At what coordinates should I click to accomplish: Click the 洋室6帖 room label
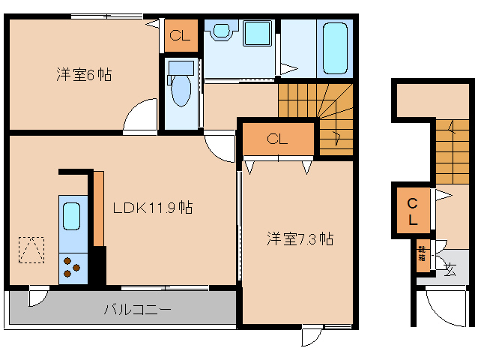coord(85,74)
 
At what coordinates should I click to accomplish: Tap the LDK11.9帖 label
coord(152,208)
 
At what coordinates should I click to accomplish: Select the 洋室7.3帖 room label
coord(300,238)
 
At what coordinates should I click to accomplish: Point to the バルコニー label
coord(137,308)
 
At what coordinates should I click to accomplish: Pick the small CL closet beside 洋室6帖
coord(180,35)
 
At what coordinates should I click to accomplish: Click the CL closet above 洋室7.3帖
coord(277,139)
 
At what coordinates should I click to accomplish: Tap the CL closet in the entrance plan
coord(413,211)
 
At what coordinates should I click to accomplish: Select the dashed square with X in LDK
coord(31,250)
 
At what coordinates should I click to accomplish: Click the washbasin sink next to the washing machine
coord(221,31)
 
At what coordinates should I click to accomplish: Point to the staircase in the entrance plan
coord(448,151)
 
